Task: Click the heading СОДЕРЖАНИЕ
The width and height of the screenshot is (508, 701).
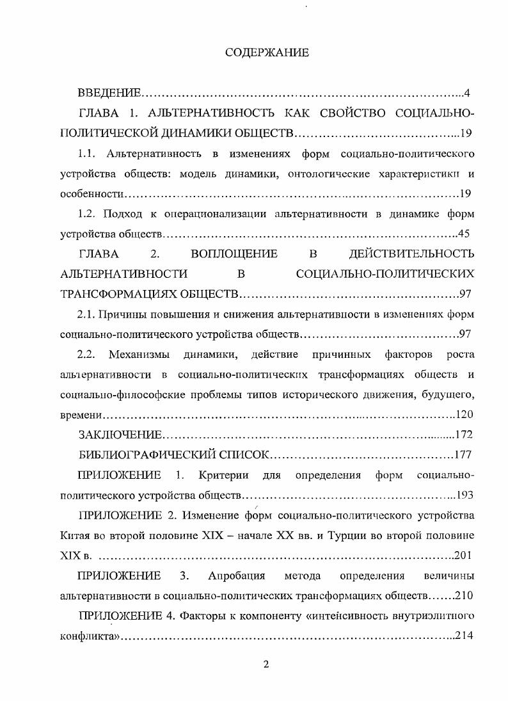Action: point(267,53)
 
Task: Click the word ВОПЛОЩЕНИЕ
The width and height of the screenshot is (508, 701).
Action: point(234,254)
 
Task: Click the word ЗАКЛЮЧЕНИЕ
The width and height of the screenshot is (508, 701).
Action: point(120,435)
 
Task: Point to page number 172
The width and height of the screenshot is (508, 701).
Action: point(463,435)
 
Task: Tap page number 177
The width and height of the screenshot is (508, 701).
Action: point(463,455)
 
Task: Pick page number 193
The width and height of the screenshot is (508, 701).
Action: point(463,495)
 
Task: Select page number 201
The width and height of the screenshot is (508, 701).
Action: point(463,555)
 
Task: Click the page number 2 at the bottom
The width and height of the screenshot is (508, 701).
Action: point(267,664)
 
